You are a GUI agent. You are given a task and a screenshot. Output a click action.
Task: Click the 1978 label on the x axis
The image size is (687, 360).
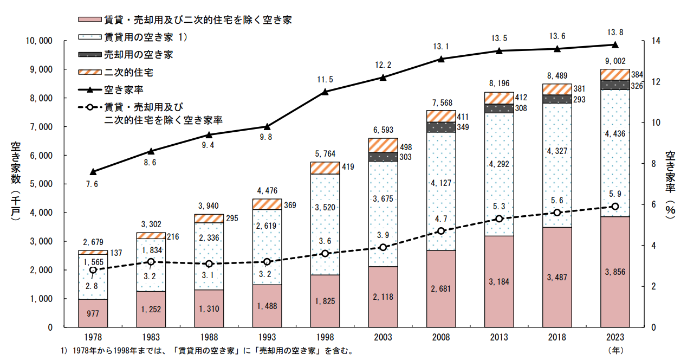(93, 337)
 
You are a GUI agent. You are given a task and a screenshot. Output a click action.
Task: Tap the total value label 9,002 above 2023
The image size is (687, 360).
(614, 61)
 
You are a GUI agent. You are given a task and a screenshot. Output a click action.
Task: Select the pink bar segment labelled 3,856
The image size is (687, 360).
(614, 271)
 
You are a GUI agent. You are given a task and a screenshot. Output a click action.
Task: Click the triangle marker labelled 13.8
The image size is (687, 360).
(614, 44)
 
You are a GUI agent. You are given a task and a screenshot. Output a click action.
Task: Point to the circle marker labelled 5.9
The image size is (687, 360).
(614, 207)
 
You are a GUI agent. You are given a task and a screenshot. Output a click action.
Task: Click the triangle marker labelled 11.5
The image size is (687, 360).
(325, 92)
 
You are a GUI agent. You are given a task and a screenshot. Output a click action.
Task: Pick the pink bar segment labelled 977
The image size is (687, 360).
(93, 313)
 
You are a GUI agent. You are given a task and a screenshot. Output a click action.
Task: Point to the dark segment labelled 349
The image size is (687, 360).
(440, 127)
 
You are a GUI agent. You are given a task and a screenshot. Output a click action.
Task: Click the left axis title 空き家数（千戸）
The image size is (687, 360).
(15, 181)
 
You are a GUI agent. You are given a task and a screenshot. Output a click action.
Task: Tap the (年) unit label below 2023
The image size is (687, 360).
(615, 350)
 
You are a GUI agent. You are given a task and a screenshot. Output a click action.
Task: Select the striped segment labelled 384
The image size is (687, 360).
(614, 74)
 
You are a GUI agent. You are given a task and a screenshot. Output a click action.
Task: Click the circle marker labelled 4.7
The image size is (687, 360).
(440, 231)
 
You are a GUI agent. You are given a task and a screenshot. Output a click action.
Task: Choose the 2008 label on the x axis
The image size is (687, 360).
(440, 337)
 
